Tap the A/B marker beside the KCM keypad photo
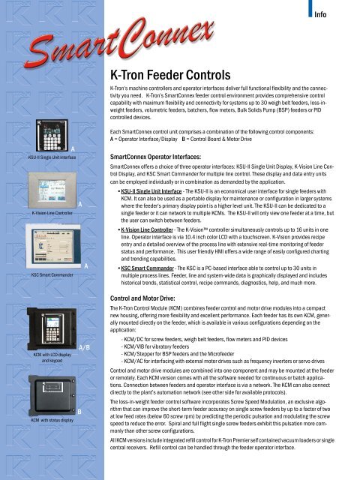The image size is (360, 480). coord(85,346)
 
